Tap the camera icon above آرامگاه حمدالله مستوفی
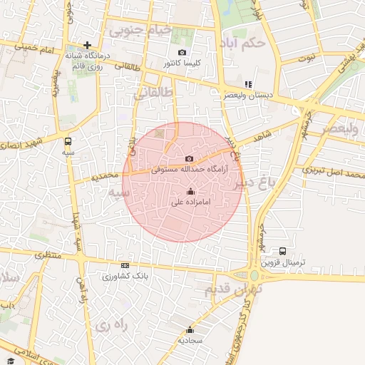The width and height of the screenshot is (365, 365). coord(189,158)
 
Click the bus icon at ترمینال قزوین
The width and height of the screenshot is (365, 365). coord(283,252)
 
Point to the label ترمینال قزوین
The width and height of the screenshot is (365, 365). coord(283,262)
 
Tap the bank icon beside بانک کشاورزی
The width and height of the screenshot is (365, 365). coord(125,265)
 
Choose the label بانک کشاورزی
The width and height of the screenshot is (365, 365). coord(125,276)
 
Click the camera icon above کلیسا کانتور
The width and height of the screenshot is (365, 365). coord(182,53)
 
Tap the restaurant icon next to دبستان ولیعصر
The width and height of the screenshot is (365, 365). coord(248,84)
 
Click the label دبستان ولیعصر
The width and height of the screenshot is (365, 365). coord(247,95)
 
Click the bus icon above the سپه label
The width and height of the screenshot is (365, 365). coord(68,141)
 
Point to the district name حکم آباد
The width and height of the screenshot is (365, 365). coord(243,42)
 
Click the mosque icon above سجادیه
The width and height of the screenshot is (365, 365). coord(190,329)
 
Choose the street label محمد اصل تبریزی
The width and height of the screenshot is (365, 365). coord(333,171)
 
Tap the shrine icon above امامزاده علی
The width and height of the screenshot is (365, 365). coord(190,191)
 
